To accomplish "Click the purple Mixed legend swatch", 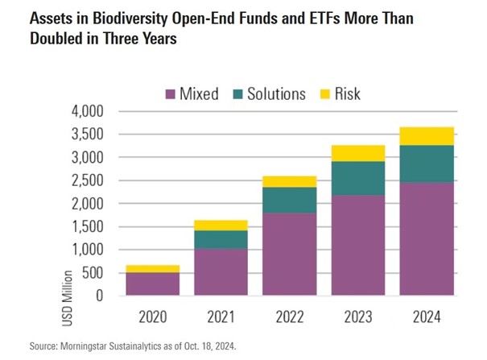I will [170, 95].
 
